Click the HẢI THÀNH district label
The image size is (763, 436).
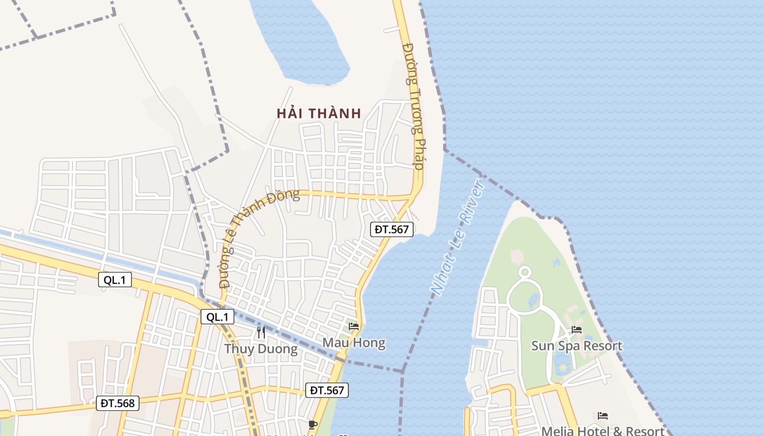[319, 113]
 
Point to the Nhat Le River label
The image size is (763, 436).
[458, 237]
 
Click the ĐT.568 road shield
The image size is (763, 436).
[118, 403]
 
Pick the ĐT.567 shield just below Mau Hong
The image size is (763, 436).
[326, 390]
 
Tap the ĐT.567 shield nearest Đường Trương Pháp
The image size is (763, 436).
[392, 229]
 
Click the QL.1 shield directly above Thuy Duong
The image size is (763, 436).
[217, 317]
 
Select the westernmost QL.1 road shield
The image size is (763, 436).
[115, 280]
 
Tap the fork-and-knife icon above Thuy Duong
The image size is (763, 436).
[261, 332]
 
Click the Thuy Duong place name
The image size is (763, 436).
[261, 349]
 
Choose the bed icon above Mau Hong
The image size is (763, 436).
[354, 326]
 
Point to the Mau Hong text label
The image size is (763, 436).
[354, 343]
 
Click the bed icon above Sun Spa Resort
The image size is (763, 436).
[577, 330]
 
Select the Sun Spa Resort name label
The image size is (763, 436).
[577, 346]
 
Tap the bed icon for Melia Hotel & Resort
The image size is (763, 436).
[603, 416]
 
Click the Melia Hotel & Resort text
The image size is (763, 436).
[603, 431]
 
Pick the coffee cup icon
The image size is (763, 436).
[312, 425]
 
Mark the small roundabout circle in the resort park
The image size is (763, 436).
[524, 271]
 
